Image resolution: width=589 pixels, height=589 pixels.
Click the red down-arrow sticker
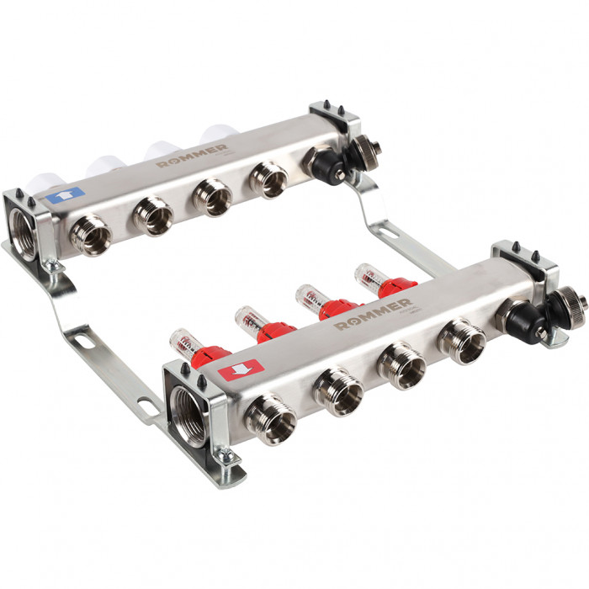coord(241,369)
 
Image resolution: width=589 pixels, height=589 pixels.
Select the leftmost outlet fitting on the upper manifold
coord(89,234)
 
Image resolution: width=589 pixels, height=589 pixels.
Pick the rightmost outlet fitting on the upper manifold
coord(268,178)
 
